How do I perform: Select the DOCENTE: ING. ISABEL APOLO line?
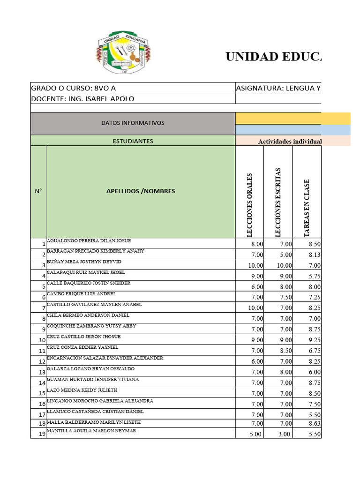[x=82, y=98]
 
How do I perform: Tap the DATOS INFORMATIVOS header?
[x=133, y=123]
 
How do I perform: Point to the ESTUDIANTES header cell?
[x=133, y=141]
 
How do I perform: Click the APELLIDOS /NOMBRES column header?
[x=141, y=191]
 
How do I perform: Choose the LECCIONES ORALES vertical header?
[x=249, y=205]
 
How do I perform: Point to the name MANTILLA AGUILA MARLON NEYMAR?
[x=91, y=431]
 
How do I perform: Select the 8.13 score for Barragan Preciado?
[x=314, y=255]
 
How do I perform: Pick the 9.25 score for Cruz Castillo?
[x=314, y=340]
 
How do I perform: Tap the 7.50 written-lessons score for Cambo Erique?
[x=285, y=297]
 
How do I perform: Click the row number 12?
[x=42, y=362]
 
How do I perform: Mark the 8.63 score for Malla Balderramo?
[x=314, y=424]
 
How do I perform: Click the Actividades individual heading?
[x=290, y=141]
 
